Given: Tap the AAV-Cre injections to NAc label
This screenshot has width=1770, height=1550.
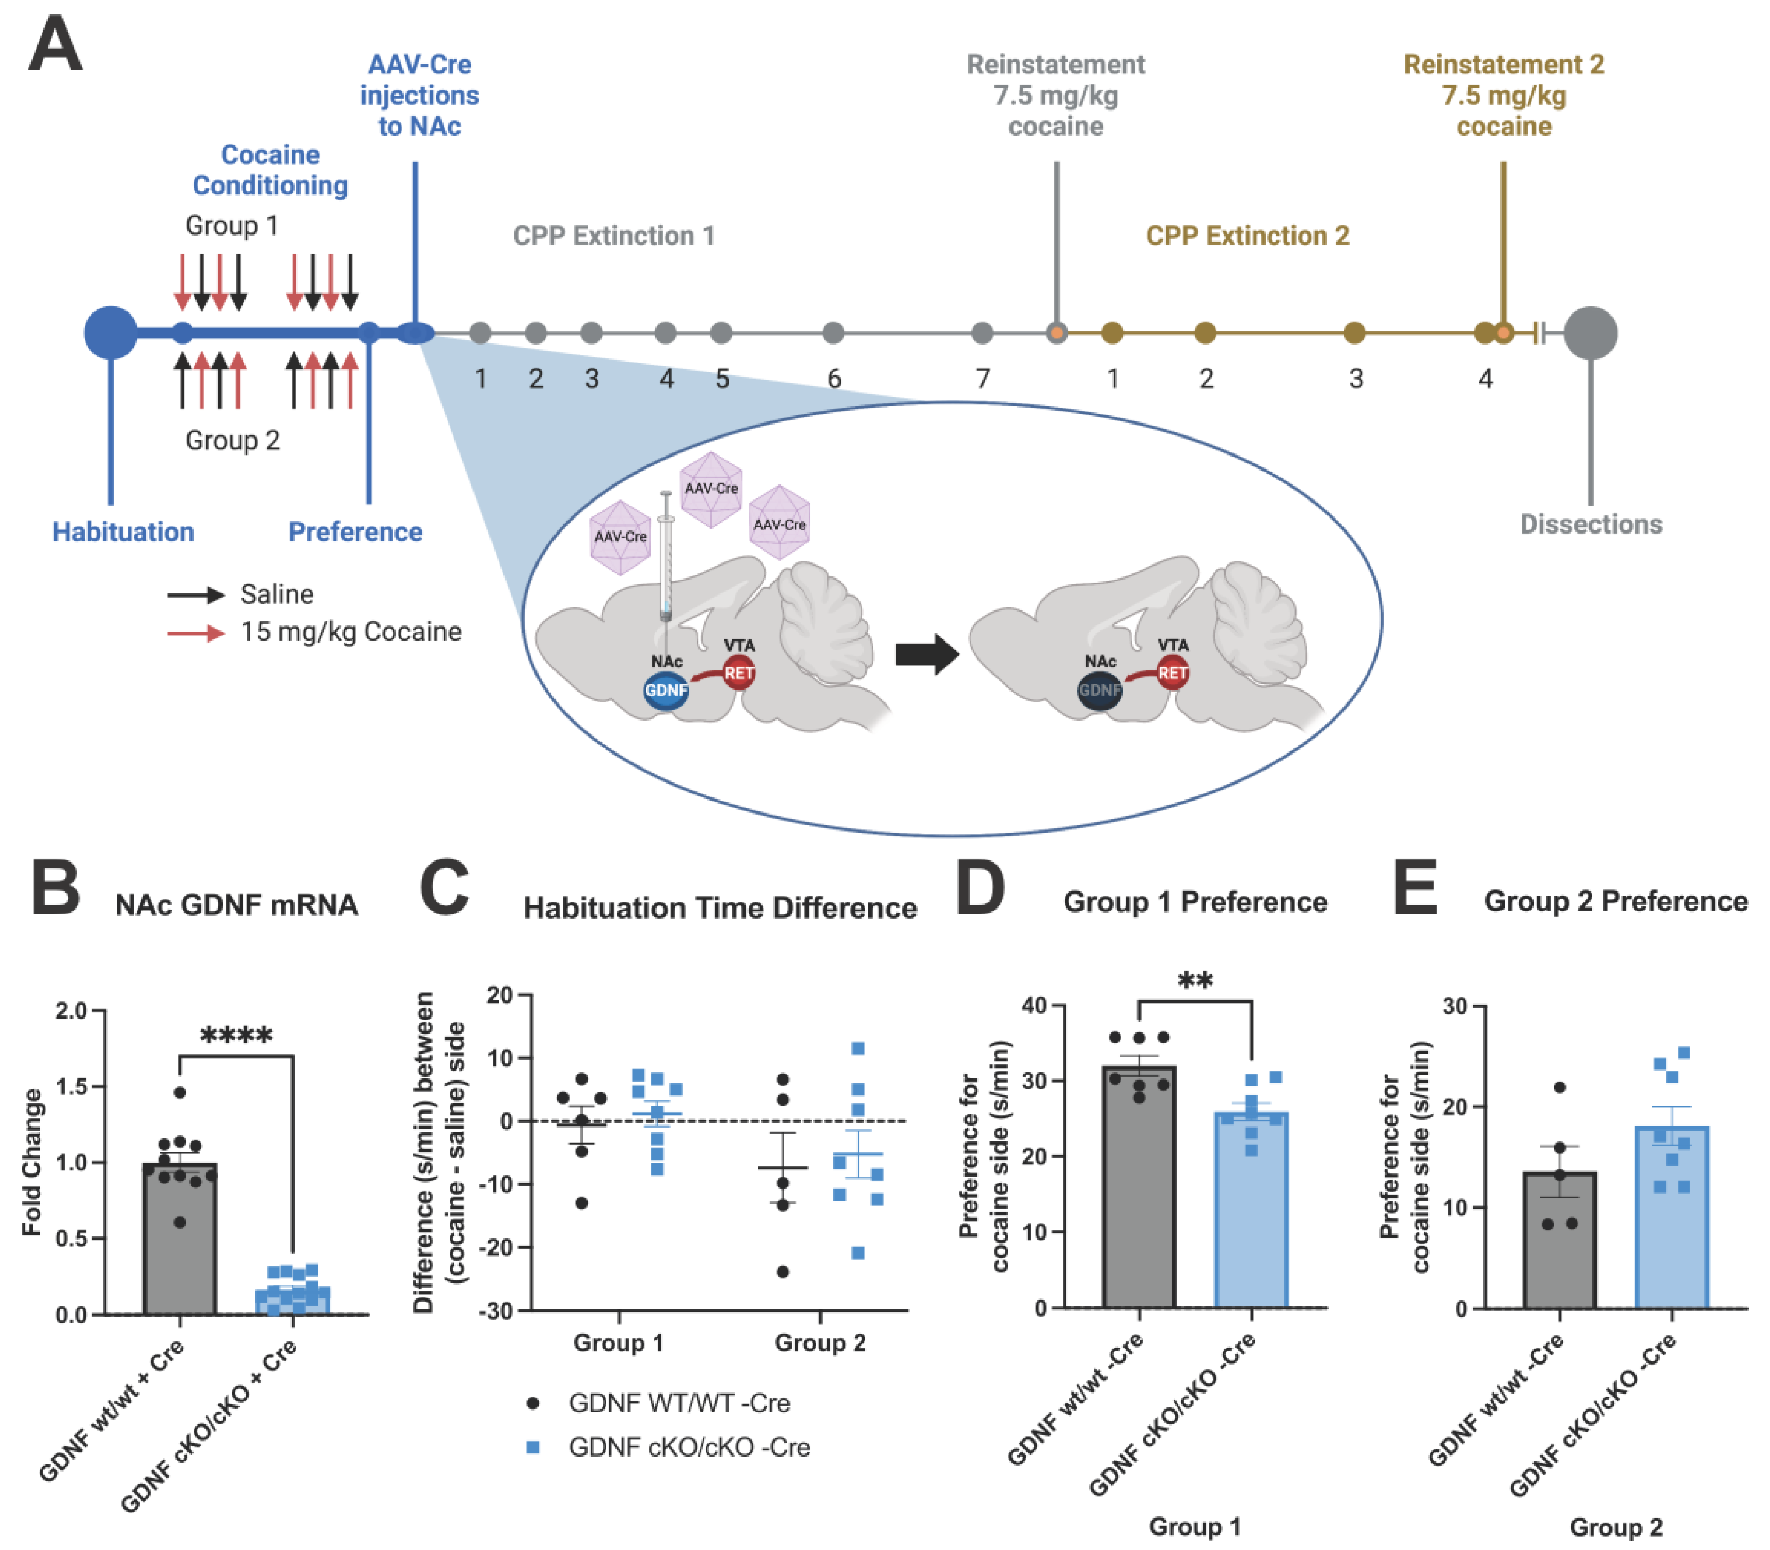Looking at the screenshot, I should click(419, 95).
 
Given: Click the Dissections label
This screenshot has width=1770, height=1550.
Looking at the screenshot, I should click(1590, 524).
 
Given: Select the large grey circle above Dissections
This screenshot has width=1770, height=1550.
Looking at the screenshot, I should click(1590, 333).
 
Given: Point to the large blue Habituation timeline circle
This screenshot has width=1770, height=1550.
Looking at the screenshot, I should click(110, 333).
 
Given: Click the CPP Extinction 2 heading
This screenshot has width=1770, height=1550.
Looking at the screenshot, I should click(1247, 236).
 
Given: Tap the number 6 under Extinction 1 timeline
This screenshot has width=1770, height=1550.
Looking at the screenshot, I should click(833, 379).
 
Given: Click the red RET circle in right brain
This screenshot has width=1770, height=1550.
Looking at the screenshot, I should click(1173, 673).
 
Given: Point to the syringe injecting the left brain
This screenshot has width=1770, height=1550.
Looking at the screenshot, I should click(666, 554).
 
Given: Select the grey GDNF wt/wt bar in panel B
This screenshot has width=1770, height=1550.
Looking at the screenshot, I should click(180, 1246).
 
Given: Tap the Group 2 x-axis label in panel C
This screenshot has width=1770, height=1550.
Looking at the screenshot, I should click(820, 1342).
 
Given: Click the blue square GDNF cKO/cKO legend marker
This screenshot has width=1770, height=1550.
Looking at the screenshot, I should click(533, 1447).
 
